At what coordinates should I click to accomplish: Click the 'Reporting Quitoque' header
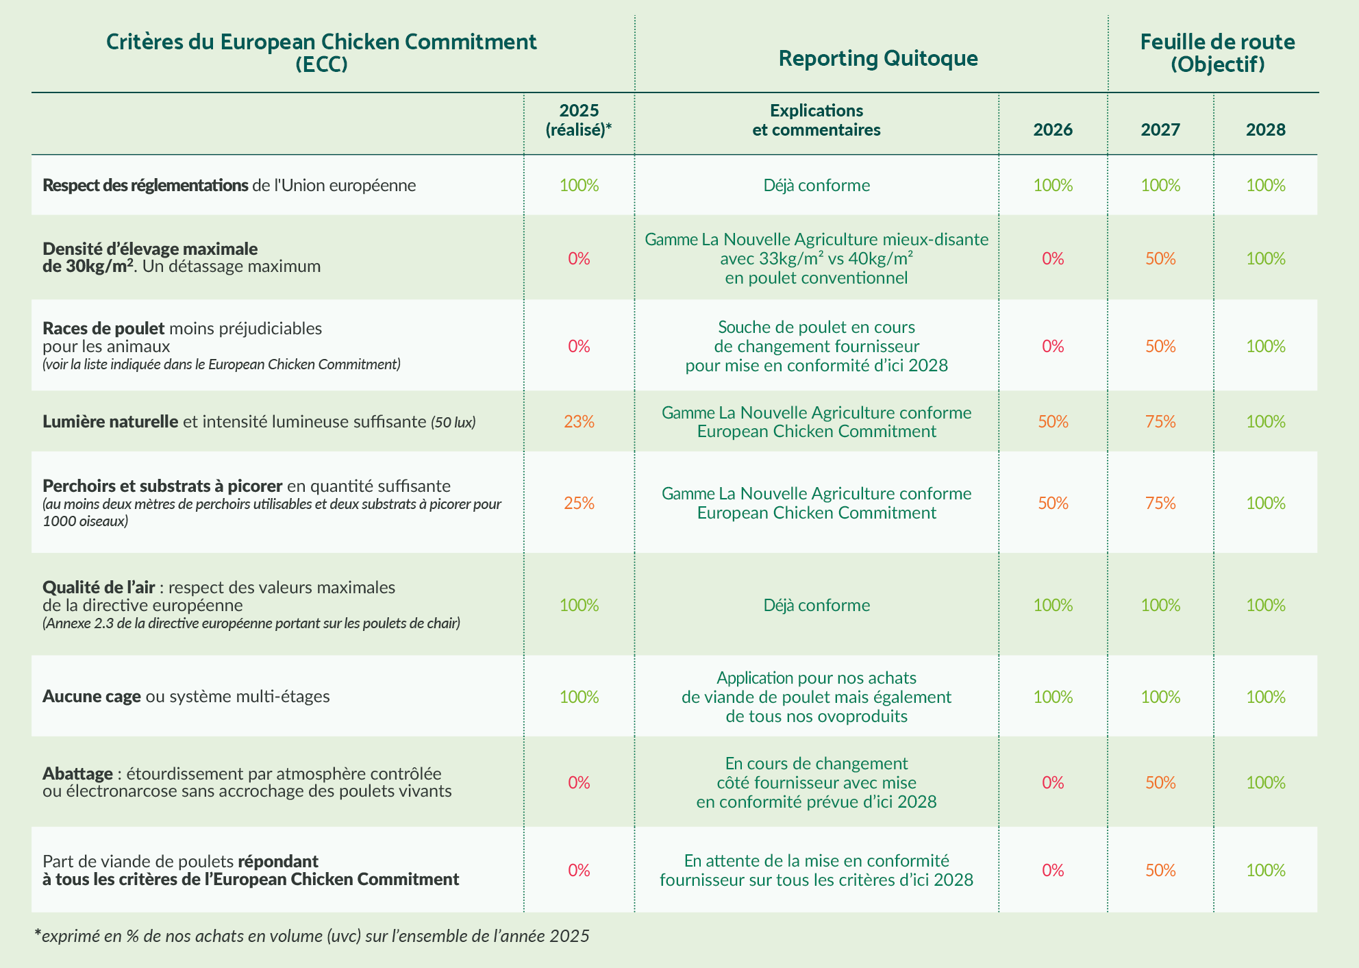point(878,58)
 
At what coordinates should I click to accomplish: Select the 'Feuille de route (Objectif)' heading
point(1217,53)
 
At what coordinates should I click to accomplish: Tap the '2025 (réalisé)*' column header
point(579,120)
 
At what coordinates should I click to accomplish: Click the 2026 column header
point(1053,129)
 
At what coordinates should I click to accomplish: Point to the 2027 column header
point(1160,129)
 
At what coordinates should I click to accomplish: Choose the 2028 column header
point(1266,129)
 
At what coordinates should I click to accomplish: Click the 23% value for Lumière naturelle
point(579,421)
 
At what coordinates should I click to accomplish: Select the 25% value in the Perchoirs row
point(579,504)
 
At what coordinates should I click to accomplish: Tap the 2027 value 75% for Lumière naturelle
point(1160,421)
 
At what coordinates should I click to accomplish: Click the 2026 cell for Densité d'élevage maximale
point(1053,258)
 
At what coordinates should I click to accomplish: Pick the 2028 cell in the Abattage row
point(1266,782)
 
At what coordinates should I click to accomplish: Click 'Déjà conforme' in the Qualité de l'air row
point(816,605)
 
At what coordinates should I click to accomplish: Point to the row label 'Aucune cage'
point(92,697)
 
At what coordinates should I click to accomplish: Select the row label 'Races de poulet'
point(103,328)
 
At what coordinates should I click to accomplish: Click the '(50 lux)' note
point(453,422)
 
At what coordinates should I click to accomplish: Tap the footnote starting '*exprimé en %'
point(312,936)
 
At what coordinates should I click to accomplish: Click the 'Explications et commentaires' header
point(816,120)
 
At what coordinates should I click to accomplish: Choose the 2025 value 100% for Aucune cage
point(579,697)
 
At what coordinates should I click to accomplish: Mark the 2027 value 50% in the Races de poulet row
point(1160,346)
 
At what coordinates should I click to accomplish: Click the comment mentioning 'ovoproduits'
point(816,697)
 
